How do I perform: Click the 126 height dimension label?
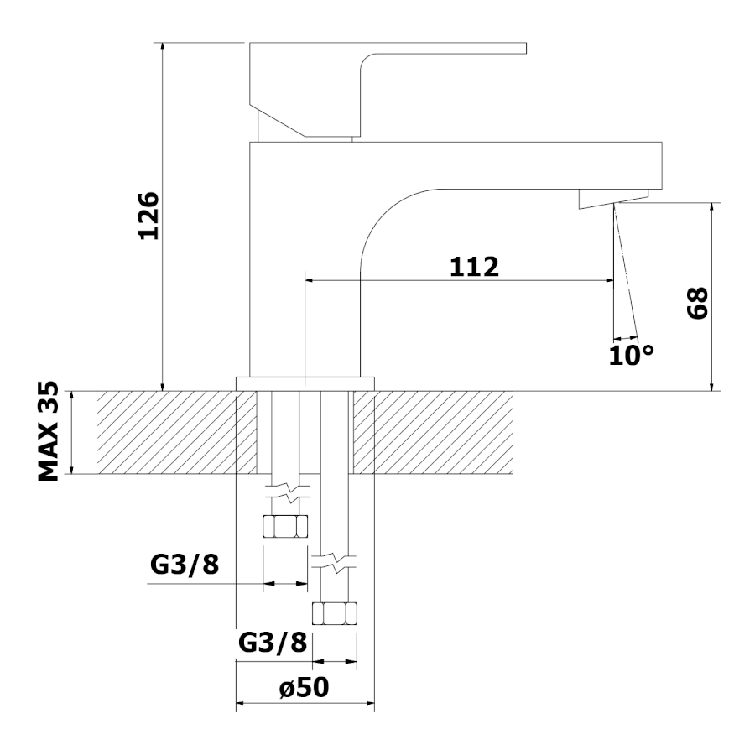[x=148, y=216]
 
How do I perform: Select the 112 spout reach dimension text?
[x=474, y=266]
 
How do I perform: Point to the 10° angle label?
[x=631, y=354]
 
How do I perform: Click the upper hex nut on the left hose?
[x=285, y=526]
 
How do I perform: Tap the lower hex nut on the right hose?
[x=335, y=613]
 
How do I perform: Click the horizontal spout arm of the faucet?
[x=503, y=164]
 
